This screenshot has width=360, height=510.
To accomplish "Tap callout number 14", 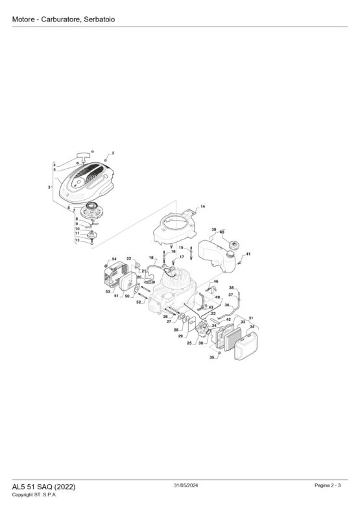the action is (202, 206).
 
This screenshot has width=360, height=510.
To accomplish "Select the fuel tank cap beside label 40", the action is (234, 245).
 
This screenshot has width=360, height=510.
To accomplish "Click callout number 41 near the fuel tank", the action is (248, 254).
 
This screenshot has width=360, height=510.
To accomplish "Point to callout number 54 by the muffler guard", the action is (114, 259).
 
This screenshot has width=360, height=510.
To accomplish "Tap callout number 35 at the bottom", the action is (211, 357).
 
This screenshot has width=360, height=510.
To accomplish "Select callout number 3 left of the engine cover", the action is (49, 187).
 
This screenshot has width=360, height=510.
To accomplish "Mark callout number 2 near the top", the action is (113, 153).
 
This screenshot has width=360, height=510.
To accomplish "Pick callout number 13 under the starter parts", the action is (77, 240).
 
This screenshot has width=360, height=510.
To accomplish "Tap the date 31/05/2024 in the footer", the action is (186, 485).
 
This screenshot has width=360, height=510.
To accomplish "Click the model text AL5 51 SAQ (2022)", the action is (43, 487).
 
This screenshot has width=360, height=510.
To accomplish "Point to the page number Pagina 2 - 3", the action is (328, 485).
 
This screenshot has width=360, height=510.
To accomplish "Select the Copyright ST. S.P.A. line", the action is (34, 494).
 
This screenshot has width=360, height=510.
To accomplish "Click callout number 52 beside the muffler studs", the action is (139, 302).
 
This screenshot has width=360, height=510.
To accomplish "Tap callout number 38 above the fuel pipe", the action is (231, 288).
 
